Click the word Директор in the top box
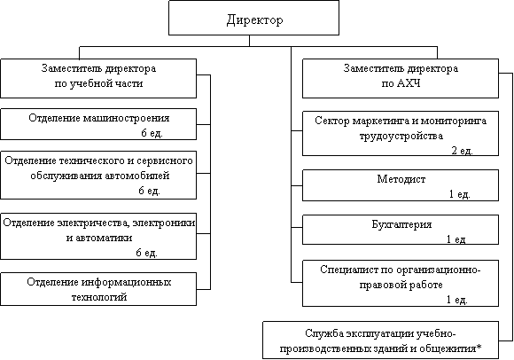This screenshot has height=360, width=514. click(254, 20)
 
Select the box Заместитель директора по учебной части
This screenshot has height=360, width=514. click(98, 78)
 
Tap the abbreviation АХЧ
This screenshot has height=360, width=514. click(409, 83)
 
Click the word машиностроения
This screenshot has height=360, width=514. click(126, 118)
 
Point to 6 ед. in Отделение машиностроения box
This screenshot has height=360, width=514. click(152, 133)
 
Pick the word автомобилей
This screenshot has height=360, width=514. click(137, 176)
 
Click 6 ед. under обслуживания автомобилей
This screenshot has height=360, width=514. click(149, 191)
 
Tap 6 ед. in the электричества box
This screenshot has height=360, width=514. click(146, 253)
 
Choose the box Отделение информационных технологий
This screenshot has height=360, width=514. click(98, 289)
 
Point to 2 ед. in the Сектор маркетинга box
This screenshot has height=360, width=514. click(463, 151)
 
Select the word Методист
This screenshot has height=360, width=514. click(401, 179)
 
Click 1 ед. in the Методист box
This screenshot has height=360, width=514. click(460, 194)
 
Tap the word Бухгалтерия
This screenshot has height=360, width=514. click(401, 225)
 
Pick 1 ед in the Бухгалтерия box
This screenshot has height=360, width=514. click(456, 239)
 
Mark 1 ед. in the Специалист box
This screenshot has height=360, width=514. click(457, 300)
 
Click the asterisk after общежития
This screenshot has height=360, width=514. click(479, 347)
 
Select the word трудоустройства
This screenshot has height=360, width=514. click(401, 136)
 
